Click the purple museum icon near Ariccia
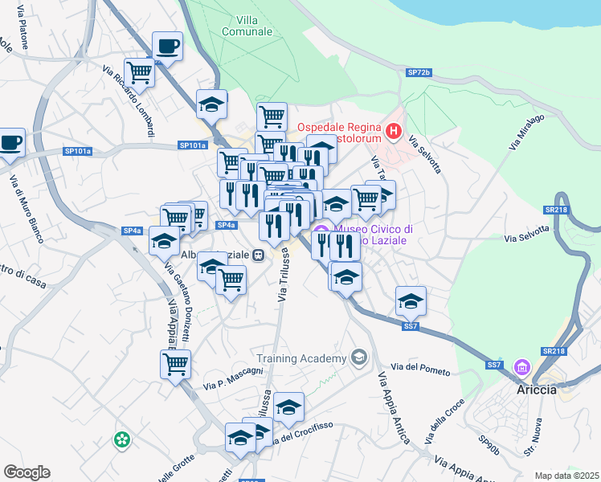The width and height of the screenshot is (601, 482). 523,368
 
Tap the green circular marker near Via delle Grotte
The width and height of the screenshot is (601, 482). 121,439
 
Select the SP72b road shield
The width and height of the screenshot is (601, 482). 419,72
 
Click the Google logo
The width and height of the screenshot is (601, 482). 27,472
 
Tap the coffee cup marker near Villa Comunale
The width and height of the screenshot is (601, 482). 167,47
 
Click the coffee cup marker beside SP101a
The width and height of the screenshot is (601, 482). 10,143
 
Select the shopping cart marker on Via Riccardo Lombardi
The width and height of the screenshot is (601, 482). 139,72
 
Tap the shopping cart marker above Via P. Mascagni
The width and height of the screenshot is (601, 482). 175,364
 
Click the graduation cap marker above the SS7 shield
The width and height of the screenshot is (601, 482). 411,300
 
